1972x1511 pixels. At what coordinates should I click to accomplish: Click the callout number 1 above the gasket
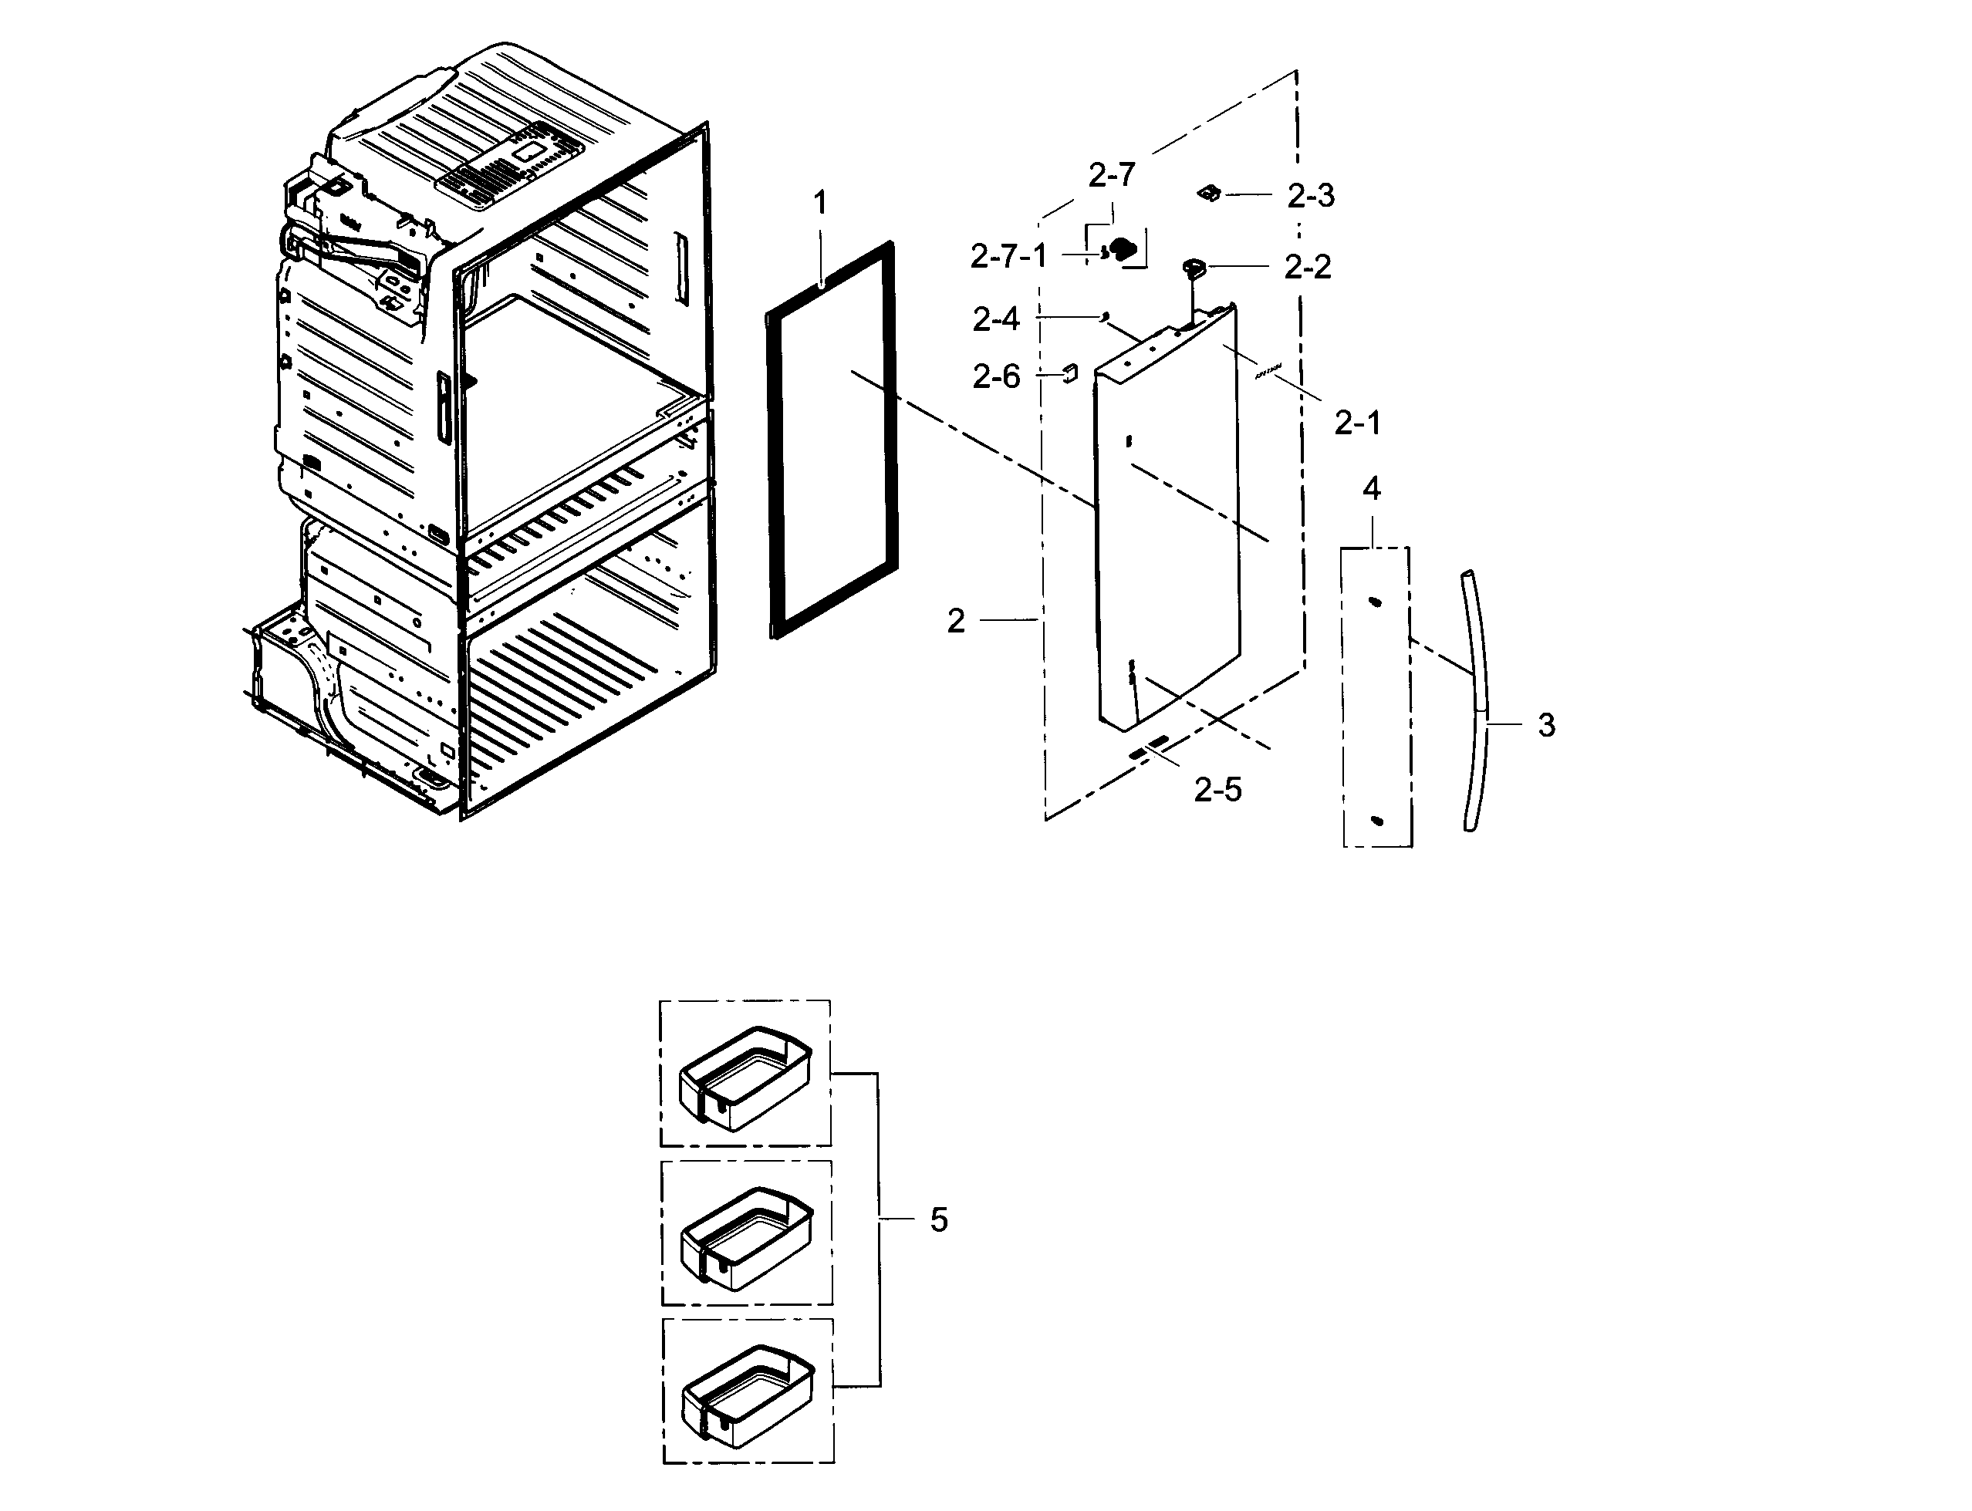coord(819,204)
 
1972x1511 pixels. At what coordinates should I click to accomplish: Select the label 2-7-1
coord(1008,257)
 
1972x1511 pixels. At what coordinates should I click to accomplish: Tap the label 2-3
coord(1311,195)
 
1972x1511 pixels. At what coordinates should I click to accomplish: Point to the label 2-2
coord(1307,267)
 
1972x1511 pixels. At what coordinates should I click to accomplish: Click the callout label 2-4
coord(996,319)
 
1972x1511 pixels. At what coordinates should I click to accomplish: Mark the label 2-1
coord(1356,422)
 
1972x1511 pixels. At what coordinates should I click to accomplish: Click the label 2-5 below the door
coord(1217,790)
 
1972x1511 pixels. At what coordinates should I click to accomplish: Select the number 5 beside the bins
coord(938,1220)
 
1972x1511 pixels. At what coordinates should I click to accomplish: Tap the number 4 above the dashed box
coord(1371,488)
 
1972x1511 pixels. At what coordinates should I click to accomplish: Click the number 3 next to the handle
coord(1546,725)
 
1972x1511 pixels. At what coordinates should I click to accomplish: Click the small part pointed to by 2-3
coord(1209,193)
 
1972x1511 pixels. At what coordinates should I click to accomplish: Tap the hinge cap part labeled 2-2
coord(1193,266)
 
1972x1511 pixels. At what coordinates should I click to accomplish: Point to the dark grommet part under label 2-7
coord(1123,249)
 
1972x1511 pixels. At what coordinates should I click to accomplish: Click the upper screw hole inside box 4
coord(1374,602)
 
